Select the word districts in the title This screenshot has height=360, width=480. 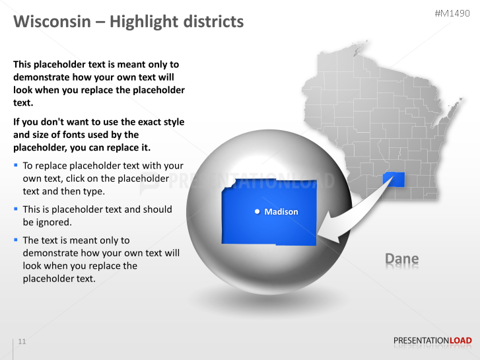coord(209,22)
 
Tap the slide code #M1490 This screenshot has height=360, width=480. coord(453,13)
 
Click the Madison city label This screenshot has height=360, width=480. coord(281,212)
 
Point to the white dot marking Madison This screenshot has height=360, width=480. coord(257,212)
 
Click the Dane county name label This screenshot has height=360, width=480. coord(401,259)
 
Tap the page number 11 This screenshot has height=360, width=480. coord(22,342)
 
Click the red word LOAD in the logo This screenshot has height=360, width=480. coord(460,341)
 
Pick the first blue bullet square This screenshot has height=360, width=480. coord(16,165)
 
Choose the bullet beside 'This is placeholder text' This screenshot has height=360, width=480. coord(16,209)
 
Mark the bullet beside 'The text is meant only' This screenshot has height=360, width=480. coord(16,240)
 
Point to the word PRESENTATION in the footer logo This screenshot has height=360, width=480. coord(421,341)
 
